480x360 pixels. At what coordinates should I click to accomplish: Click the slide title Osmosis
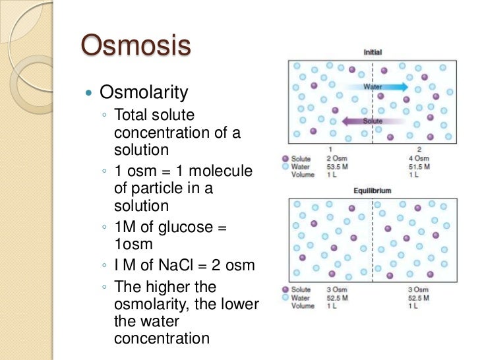click(136, 47)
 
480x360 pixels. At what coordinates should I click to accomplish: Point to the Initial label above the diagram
click(373, 52)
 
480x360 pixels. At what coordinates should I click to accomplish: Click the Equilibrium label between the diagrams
click(373, 191)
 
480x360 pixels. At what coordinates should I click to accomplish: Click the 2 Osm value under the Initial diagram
click(337, 159)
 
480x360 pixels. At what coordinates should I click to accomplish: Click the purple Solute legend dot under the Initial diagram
click(285, 159)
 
